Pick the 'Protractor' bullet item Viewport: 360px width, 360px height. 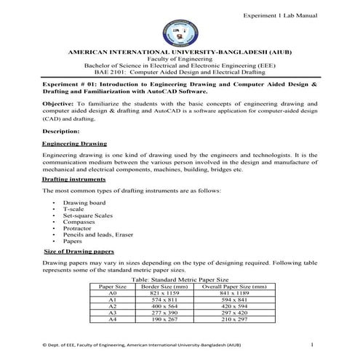pos(79,229)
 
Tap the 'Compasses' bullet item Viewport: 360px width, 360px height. pos(80,223)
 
